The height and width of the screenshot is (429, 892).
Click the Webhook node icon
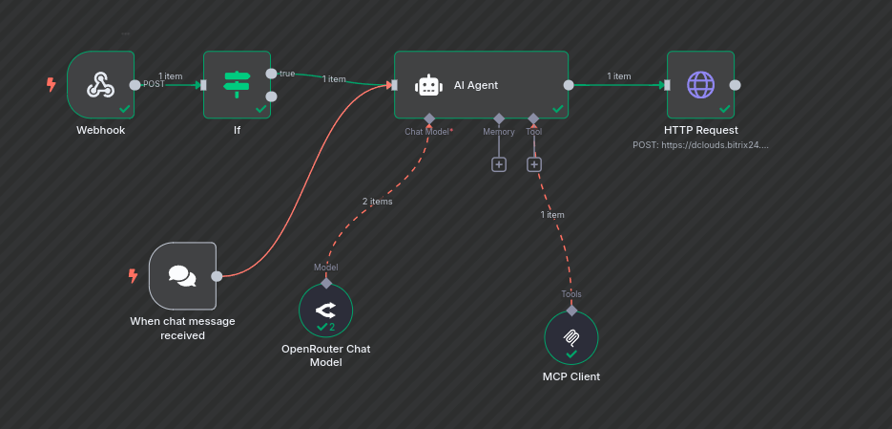[100, 85]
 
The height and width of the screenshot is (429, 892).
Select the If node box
[236, 84]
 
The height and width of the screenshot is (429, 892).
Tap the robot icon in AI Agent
[428, 85]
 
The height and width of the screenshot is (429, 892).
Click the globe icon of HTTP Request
[700, 84]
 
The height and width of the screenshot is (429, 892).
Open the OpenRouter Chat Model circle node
[325, 310]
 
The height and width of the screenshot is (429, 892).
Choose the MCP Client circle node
[571, 337]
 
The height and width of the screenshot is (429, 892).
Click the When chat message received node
[182, 276]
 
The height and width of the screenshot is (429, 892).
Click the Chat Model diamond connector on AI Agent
[429, 118]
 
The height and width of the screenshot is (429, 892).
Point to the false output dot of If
[271, 96]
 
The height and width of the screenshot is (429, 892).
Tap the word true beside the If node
[287, 74]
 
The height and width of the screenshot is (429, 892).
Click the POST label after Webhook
[154, 84]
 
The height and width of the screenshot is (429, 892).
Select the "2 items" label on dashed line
[377, 202]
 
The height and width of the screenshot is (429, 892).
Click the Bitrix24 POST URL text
[700, 145]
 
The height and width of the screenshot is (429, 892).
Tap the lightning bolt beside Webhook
[52, 84]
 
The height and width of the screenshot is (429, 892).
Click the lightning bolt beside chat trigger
[133, 276]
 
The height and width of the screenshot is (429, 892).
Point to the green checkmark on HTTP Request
[724, 109]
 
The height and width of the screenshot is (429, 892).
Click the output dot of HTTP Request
[735, 84]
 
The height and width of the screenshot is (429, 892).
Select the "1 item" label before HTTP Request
[619, 76]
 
